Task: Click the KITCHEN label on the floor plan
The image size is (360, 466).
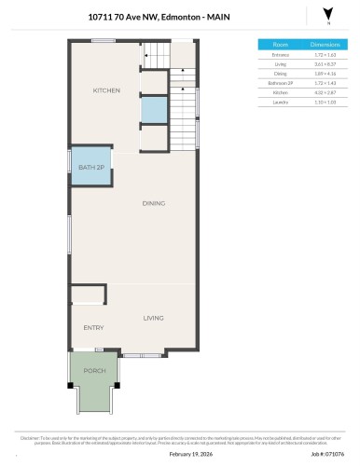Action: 106,90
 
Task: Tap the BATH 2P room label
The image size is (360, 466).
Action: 90,168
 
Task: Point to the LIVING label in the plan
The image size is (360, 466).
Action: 154,319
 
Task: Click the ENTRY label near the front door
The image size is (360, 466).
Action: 93,328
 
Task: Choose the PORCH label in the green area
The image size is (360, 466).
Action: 94,371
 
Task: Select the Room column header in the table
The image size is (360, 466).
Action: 281,44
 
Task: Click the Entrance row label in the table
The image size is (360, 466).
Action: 281,55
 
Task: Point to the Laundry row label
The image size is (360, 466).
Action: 281,101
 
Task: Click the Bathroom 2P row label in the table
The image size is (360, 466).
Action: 281,82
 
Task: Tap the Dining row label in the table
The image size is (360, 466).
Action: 281,73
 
